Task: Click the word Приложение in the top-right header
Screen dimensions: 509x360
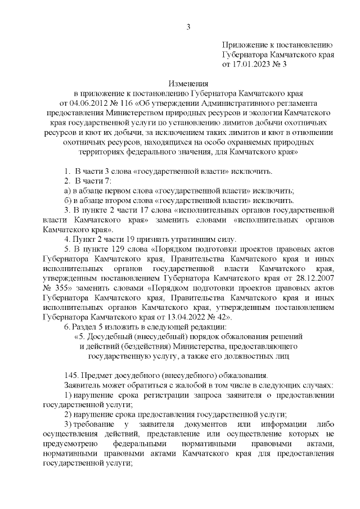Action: click(245, 45)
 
